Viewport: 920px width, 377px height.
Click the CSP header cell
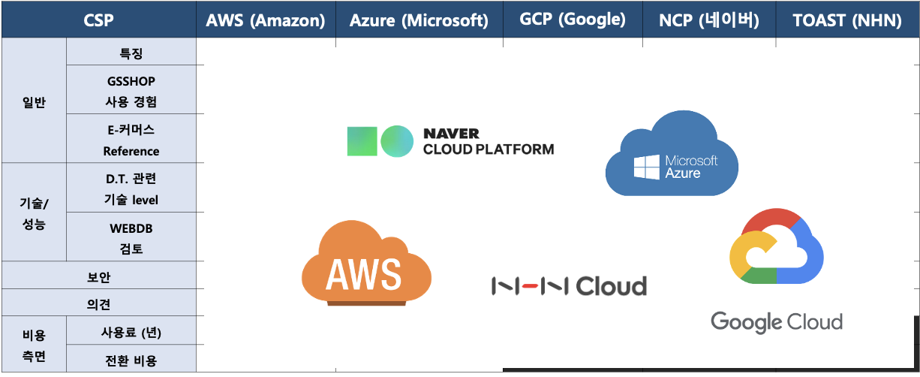[98, 20]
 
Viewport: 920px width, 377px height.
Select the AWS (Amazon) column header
[265, 20]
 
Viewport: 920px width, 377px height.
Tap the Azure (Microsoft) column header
[419, 20]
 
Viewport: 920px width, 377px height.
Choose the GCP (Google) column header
[573, 20]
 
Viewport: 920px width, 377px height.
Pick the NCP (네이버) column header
[709, 20]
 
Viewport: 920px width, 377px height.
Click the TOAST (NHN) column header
[847, 20]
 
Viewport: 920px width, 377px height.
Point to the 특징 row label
[131, 53]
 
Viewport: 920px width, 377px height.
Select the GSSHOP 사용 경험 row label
[131, 90]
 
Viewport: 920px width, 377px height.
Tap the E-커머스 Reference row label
[131, 140]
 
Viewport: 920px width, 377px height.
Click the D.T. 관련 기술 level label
[131, 188]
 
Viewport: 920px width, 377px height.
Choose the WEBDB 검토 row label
[131, 237]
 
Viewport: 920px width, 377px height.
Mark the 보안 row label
[98, 276]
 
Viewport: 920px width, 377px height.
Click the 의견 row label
[98, 304]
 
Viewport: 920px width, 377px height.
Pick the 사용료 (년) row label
[131, 332]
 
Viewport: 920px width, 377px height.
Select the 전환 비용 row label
[131, 360]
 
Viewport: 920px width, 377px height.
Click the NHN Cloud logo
[569, 286]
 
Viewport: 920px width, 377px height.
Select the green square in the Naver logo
[362, 141]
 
